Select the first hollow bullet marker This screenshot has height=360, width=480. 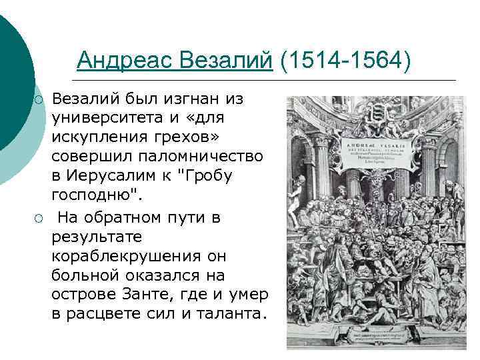pyautogui.click(x=39, y=100)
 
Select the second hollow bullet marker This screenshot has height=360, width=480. pyautogui.click(x=39, y=219)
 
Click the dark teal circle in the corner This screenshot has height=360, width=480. pyautogui.click(x=12, y=73)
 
